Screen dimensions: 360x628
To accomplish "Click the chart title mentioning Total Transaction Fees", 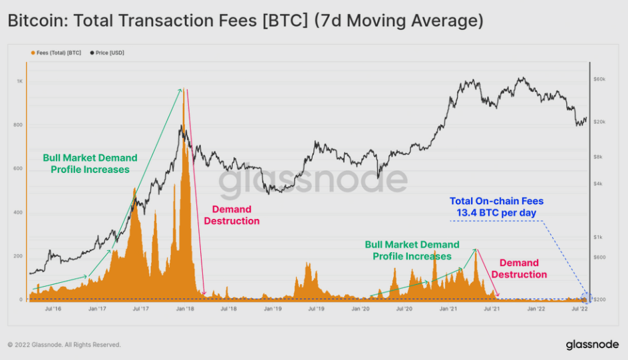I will point(245,21).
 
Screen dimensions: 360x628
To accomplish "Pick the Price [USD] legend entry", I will point(109,53).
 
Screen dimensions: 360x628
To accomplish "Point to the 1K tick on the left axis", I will point(19,81).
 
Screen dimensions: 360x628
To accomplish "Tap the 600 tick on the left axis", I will point(19,169).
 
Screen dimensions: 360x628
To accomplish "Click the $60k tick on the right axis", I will point(599,79).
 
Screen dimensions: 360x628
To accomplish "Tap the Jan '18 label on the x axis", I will point(184,309).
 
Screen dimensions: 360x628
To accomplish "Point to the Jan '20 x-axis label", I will point(360,309).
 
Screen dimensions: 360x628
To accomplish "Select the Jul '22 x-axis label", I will point(579,309).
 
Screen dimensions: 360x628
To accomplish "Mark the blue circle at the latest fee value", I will point(586,297).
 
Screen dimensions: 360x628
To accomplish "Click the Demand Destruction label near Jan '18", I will point(232,215).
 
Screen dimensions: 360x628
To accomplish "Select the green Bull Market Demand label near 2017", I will point(90,164).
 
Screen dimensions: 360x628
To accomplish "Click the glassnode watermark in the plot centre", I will point(313,180).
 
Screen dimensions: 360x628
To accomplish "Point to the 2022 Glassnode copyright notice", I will point(64,345).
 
